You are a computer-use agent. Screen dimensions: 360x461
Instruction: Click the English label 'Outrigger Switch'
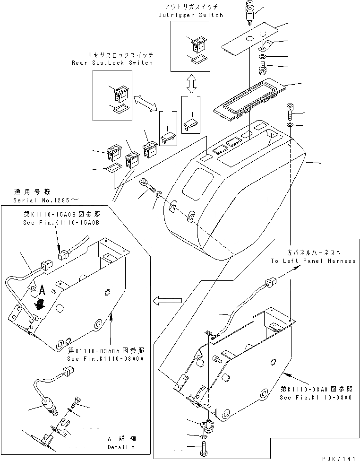190,15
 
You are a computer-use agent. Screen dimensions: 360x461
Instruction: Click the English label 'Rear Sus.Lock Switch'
112,63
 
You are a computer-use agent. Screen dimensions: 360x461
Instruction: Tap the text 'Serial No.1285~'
46,200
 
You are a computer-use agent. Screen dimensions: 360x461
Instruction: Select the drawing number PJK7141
341,458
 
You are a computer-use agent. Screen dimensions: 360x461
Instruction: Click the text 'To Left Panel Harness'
313,261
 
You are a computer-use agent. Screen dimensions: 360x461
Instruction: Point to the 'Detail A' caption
121,447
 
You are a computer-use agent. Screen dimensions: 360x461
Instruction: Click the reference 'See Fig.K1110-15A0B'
61,223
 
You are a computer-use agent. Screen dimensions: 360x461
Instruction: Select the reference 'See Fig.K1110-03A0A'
105,359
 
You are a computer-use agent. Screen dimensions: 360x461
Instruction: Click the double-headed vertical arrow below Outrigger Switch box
191,84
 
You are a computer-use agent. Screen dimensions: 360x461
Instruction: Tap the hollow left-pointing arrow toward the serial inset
167,301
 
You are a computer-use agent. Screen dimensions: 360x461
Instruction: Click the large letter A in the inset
42,291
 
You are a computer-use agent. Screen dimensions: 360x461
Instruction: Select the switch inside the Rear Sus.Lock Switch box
121,93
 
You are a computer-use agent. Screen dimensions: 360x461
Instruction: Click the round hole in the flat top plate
250,39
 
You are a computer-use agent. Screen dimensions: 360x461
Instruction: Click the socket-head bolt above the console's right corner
290,112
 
